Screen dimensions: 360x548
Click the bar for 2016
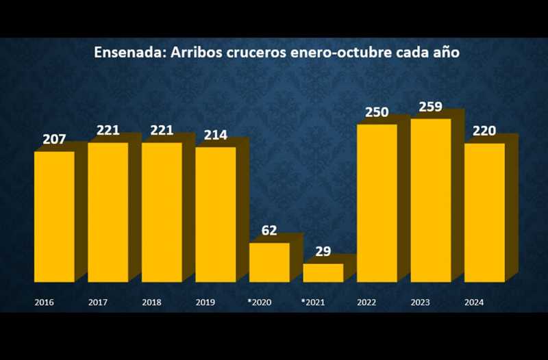pyautogui.click(x=54, y=216)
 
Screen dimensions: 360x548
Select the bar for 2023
pyautogui.click(x=431, y=200)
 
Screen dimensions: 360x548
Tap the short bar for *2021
pyautogui.click(x=323, y=272)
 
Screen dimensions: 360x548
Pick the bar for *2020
pyautogui.click(x=269, y=262)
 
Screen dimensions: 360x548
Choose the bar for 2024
pyautogui.click(x=484, y=212)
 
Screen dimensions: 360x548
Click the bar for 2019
pyautogui.click(x=215, y=214)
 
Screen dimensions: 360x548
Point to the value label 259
pyautogui.click(x=431, y=107)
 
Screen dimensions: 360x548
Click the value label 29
pyautogui.click(x=323, y=252)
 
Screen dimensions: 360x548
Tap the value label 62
pyautogui.click(x=269, y=231)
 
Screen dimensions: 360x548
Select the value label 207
pyautogui.click(x=54, y=140)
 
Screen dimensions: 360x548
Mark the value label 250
pyautogui.click(x=377, y=113)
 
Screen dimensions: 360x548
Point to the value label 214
pyautogui.click(x=215, y=135)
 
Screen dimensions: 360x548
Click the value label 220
pyautogui.click(x=484, y=131)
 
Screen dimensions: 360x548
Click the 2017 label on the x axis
pyautogui.click(x=98, y=302)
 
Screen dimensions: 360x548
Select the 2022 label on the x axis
pyautogui.click(x=366, y=302)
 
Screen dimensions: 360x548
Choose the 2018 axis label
pyautogui.click(x=151, y=302)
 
